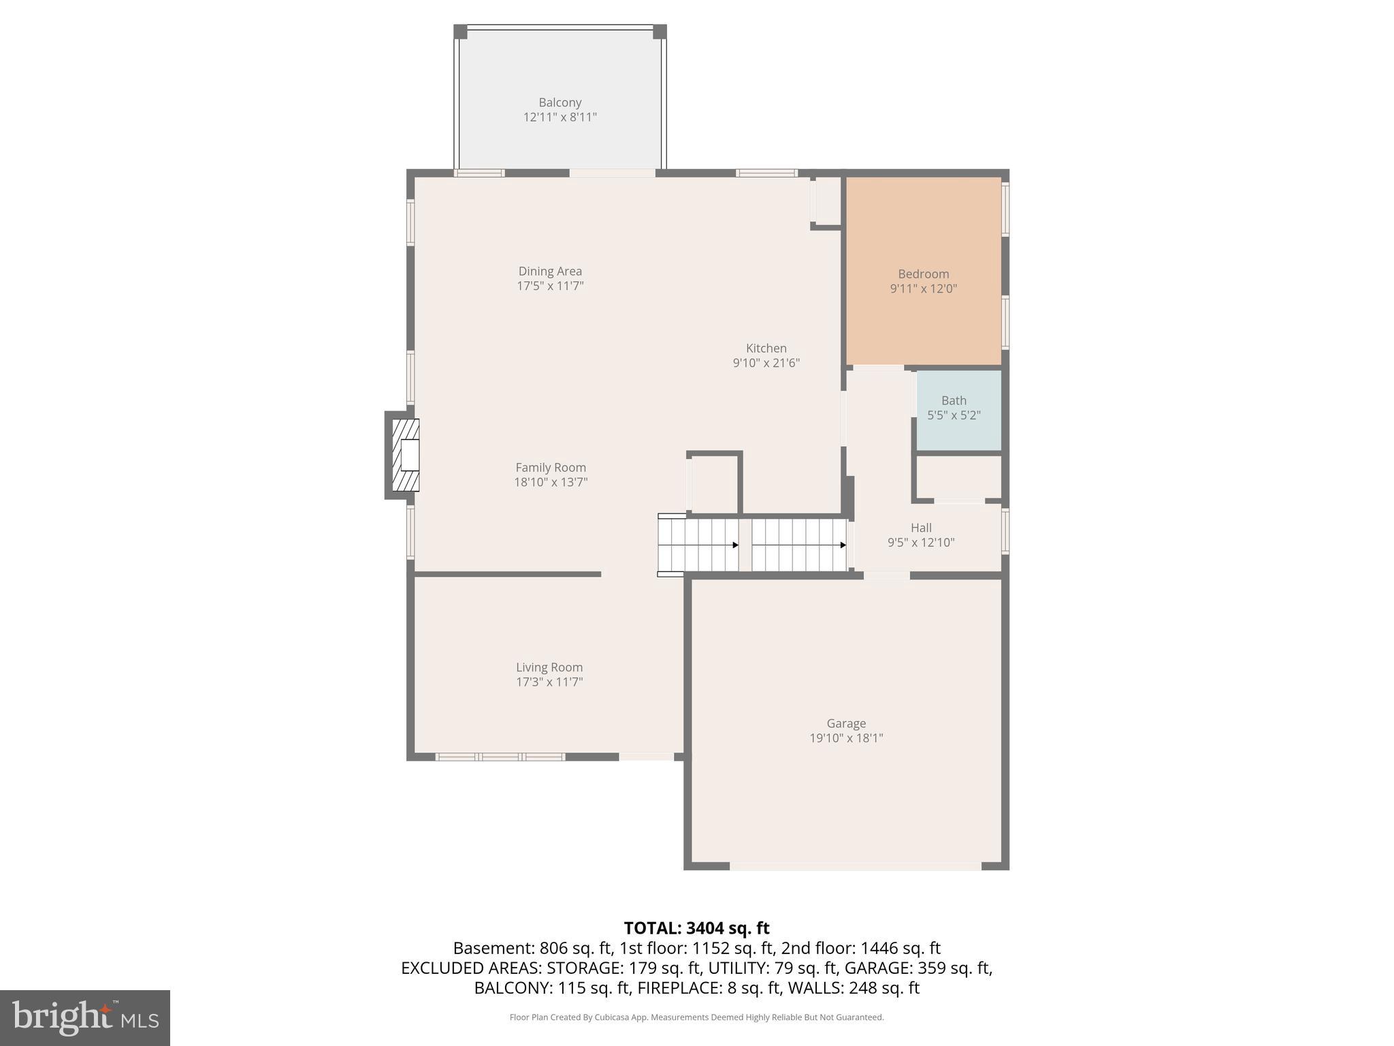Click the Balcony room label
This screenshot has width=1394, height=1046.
pos(560,103)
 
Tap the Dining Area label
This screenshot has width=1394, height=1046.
pos(550,271)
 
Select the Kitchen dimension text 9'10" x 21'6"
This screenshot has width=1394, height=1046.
pos(766,363)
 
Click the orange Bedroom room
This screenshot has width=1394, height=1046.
pos(923,271)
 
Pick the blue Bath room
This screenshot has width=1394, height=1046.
pos(959,410)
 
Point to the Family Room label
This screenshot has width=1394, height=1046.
pos(551,467)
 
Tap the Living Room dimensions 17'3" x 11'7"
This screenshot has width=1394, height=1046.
pos(549,682)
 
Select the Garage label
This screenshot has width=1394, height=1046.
pos(846,723)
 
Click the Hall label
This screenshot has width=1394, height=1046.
pos(921,528)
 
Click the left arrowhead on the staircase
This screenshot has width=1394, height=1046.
pos(735,545)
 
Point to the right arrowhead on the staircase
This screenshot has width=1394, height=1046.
pos(843,545)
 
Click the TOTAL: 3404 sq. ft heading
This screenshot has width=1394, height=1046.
pos(696,928)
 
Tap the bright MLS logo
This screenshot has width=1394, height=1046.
pos(85,1017)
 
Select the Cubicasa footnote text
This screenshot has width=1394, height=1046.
pos(696,1017)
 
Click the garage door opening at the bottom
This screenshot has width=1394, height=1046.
pos(856,866)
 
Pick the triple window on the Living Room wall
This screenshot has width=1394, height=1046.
pos(500,757)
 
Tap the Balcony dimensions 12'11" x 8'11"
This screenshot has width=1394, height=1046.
pos(560,117)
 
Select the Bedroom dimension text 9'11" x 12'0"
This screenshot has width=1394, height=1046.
pos(924,289)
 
